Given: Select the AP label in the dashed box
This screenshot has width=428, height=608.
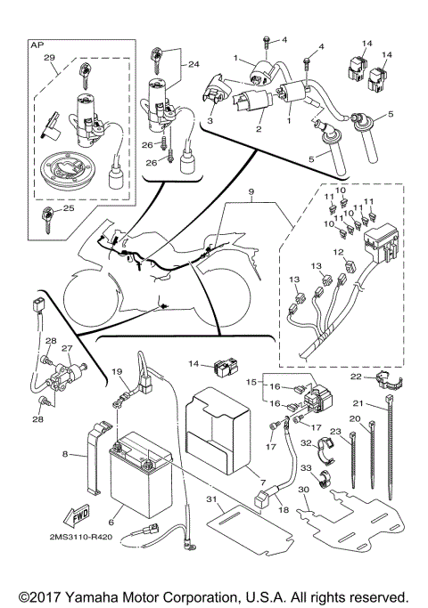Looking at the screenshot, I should tap(37, 44).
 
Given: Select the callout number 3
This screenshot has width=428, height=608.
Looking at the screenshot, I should tap(210, 119).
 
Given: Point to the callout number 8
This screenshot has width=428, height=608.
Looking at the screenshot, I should tap(65, 454).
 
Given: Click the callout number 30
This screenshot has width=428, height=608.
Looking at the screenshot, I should tap(304, 490).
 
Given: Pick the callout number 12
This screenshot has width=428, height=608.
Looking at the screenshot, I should tap(338, 253).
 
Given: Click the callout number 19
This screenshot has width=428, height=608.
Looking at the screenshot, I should tap(115, 370).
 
